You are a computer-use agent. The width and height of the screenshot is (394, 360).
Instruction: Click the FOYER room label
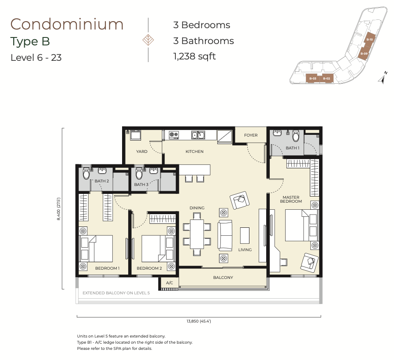[251, 135]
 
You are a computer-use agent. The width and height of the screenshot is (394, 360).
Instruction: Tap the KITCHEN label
[194, 152]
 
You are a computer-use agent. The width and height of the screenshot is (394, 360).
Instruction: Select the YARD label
[142, 152]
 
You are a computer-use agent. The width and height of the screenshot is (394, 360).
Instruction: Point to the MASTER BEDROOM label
[291, 199]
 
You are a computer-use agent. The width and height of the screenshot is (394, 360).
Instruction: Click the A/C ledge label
[170, 283]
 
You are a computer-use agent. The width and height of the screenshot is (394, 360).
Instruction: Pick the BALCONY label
[223, 277]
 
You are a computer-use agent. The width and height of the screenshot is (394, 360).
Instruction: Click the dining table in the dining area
[197, 234]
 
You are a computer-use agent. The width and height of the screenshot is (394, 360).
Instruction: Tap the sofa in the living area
[225, 235]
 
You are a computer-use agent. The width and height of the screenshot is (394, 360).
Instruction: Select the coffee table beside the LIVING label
[245, 235]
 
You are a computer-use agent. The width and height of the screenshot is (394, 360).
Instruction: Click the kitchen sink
[198, 135]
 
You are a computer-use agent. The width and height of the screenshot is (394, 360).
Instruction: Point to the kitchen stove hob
[174, 135]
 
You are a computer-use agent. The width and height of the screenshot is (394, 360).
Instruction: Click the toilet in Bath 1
[296, 135]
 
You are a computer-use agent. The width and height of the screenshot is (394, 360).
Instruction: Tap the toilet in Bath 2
[86, 173]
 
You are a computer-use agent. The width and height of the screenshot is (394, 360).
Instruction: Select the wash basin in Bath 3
[153, 171]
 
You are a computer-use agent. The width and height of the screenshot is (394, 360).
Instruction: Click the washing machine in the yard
[135, 135]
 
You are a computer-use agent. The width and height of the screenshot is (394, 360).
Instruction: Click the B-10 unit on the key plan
[369, 39]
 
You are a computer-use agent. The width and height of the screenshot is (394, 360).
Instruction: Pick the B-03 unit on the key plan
[312, 78]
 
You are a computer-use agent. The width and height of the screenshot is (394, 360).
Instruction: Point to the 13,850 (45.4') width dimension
[199, 321]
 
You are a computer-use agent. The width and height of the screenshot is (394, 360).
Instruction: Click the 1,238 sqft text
[194, 56]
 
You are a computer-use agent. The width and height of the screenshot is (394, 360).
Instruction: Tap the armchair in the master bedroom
[309, 262]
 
